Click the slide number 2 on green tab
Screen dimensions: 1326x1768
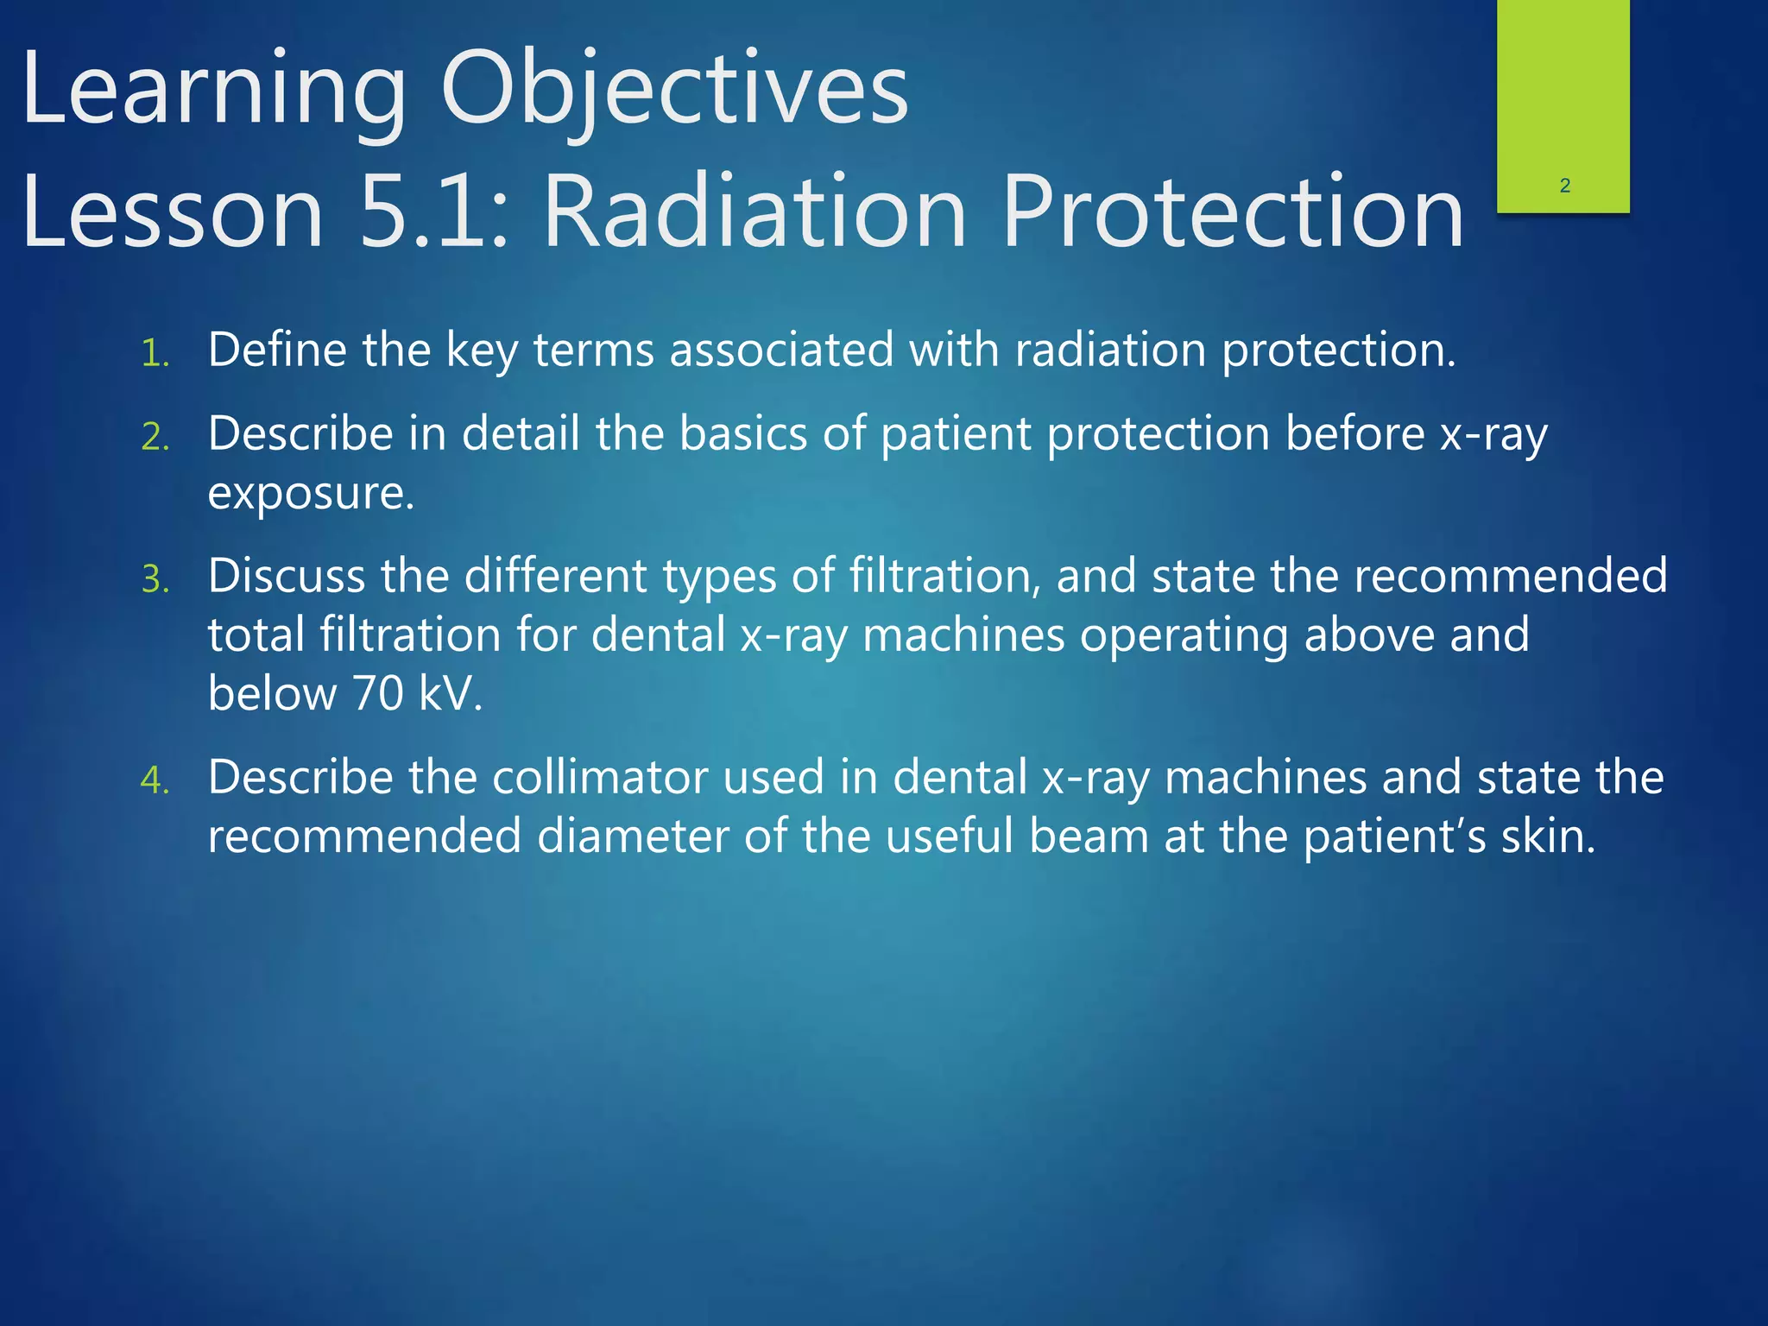click(1564, 186)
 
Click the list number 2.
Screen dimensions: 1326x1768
click(155, 438)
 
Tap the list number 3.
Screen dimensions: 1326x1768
click(155, 579)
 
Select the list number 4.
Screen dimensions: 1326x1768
click(155, 780)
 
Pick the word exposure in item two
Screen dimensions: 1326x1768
click(310, 494)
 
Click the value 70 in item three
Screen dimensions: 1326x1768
click(378, 693)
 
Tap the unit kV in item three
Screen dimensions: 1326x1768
click(449, 693)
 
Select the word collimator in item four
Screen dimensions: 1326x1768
click(599, 777)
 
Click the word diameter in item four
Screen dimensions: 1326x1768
click(633, 837)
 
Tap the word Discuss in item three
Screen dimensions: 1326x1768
click(286, 576)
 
